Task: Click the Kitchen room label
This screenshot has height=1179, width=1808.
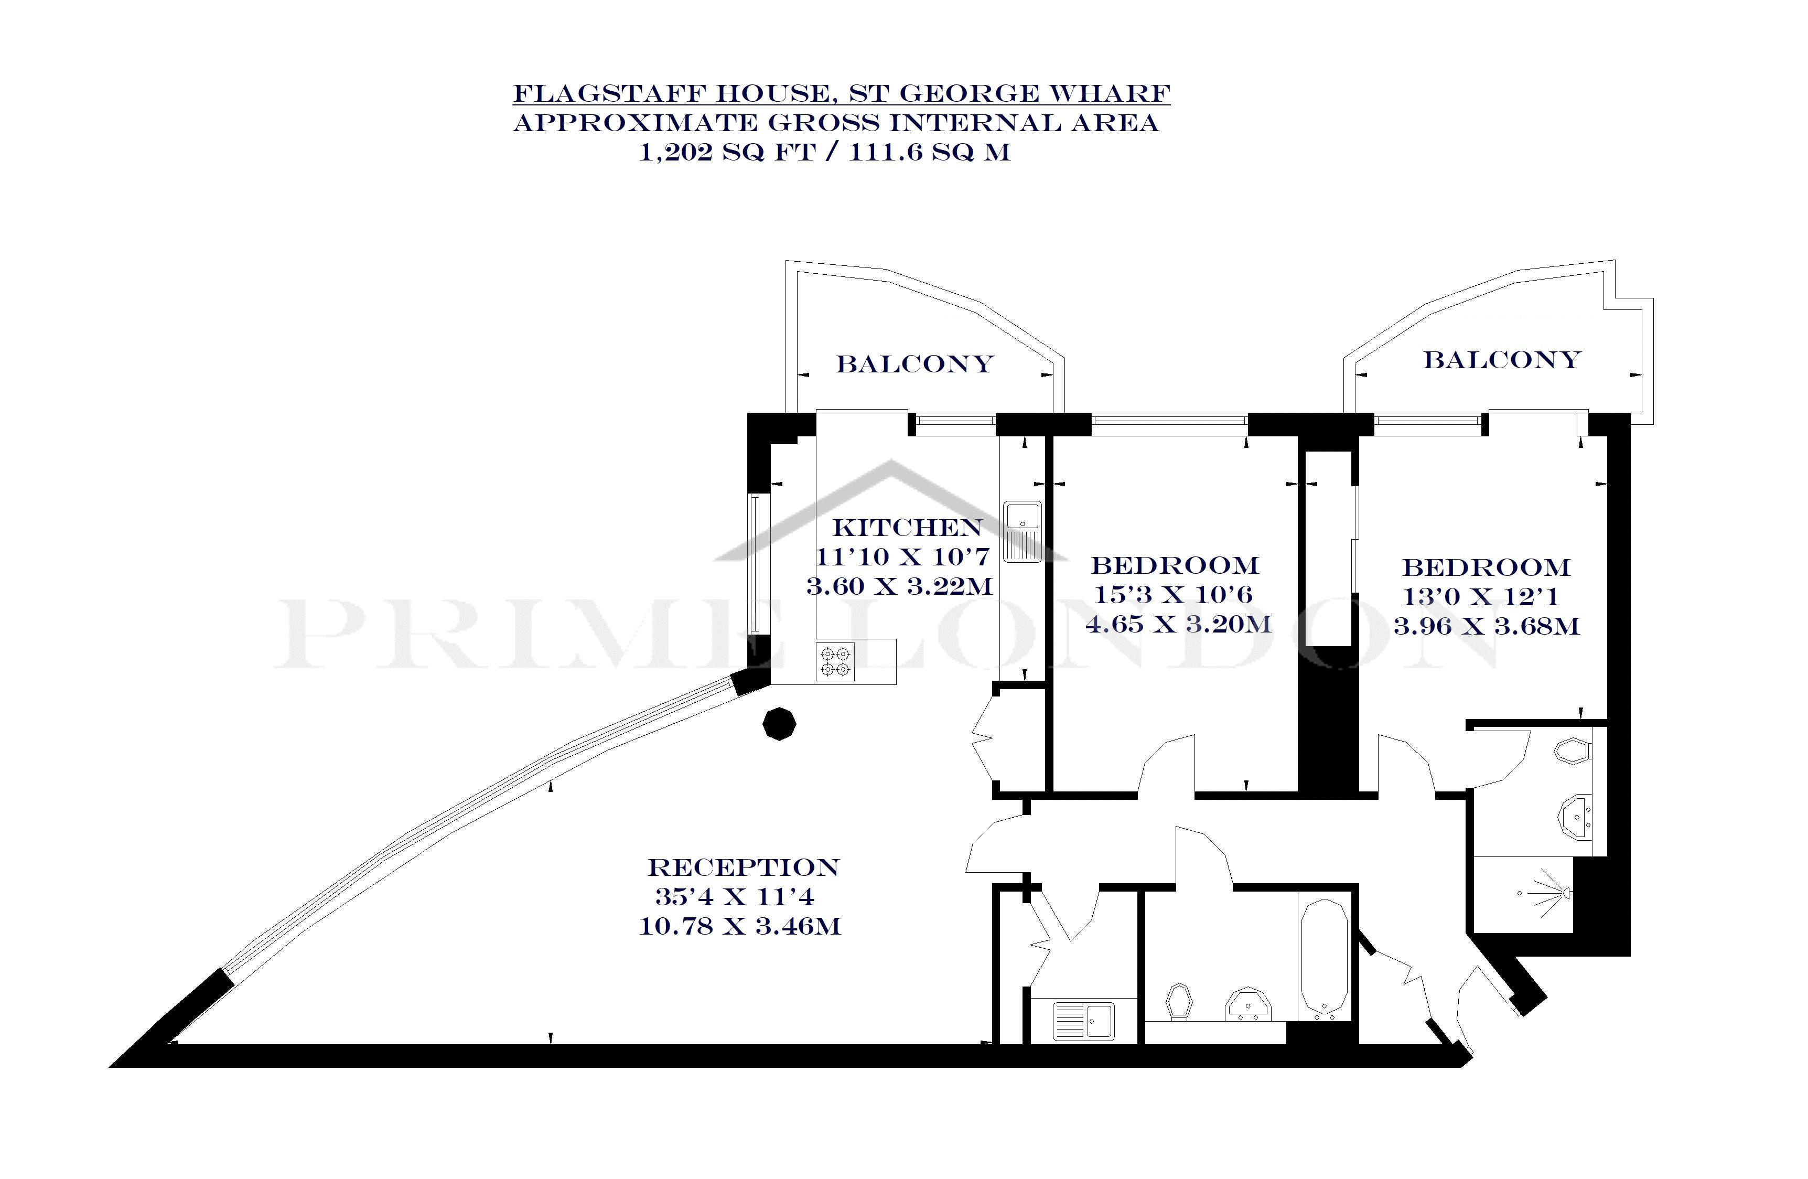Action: tap(907, 527)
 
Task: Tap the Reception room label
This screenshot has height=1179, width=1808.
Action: tap(743, 867)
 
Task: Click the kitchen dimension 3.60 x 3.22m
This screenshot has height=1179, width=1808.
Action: tap(899, 586)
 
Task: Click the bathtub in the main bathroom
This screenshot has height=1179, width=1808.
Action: tap(1324, 959)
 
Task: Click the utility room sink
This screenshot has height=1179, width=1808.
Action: tap(1083, 1021)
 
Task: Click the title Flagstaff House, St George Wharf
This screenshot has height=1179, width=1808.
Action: tap(842, 93)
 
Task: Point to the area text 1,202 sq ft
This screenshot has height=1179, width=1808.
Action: tap(726, 153)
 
